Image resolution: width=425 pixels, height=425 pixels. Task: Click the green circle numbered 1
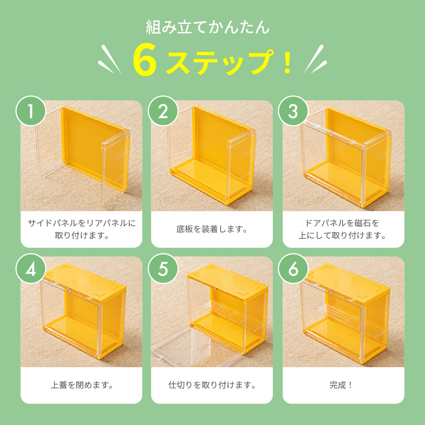[x=31, y=112]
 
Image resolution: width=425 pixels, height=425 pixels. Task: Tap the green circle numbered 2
[x=163, y=112]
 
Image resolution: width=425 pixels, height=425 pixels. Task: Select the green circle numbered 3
[x=293, y=112]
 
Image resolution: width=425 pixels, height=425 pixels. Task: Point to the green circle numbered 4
[x=31, y=270]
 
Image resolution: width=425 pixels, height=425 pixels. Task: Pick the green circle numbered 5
[x=163, y=270]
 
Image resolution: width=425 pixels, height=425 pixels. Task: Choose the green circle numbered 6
[x=293, y=270]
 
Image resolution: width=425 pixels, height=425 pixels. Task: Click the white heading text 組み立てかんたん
[x=208, y=28]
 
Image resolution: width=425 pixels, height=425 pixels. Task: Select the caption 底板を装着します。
[x=212, y=229]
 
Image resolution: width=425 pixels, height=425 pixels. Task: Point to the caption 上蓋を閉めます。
[x=81, y=386]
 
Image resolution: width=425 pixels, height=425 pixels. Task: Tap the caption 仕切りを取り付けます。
[x=212, y=386]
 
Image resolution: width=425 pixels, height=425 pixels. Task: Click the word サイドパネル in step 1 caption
[x=51, y=223]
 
